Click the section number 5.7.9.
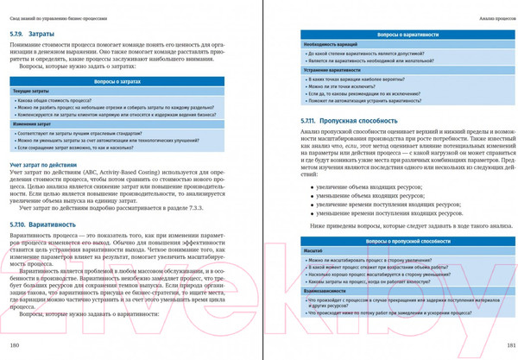19,33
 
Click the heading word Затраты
42,33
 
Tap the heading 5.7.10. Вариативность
43,224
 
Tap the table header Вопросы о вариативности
402,33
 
